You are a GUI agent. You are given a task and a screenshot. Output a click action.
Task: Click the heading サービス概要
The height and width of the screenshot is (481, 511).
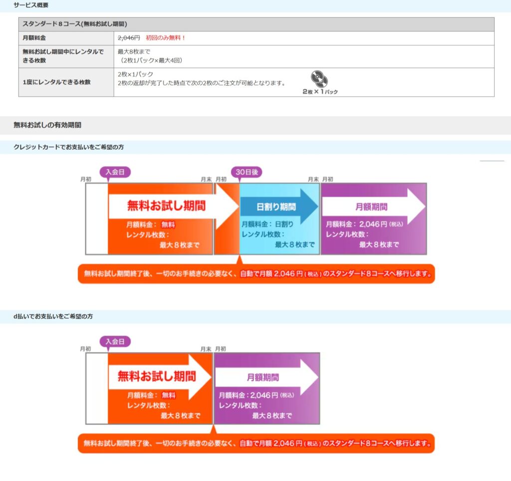pos(31,5)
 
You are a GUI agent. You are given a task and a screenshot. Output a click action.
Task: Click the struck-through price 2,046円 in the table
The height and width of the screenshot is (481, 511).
pos(129,38)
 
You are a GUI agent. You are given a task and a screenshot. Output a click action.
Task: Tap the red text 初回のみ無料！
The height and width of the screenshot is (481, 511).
pos(166,38)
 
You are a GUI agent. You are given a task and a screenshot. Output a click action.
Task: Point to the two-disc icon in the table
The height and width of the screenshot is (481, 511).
pos(319,79)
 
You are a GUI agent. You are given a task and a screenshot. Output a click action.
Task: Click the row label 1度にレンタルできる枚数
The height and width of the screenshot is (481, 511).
pos(56,82)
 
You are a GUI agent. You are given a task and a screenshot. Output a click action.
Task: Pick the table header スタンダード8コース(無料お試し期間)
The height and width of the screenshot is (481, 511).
pos(74,24)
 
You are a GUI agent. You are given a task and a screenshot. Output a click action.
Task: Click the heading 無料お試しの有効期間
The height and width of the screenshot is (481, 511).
pos(47,125)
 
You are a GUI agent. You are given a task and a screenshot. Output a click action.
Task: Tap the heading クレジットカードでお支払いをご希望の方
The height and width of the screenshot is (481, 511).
pos(68,147)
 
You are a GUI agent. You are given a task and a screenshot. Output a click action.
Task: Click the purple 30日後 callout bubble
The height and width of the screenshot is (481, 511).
pos(247,172)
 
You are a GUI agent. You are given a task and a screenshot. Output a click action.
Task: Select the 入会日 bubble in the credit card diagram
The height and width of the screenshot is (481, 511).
pos(115,172)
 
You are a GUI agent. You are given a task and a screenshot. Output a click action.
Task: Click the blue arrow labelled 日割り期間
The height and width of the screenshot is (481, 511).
pos(277,206)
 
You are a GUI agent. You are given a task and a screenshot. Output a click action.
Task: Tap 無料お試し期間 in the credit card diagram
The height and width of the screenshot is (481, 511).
pos(166,206)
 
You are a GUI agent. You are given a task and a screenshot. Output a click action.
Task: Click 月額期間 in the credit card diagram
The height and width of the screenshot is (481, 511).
pos(371,206)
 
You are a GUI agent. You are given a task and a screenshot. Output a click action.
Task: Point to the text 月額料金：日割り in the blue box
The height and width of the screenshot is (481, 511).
pos(267,224)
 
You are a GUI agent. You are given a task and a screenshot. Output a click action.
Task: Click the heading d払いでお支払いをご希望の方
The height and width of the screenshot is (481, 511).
pos(53,317)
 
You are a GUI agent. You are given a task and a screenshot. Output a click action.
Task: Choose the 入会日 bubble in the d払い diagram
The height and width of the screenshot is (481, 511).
pos(115,342)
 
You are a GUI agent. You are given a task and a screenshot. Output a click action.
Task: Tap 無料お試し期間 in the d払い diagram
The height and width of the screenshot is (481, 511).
pos(157,376)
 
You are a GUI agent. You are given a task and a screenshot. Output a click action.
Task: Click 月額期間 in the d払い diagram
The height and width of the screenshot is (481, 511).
pos(263,377)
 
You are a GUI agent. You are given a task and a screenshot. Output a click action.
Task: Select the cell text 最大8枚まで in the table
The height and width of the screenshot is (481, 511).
pos(134,51)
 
